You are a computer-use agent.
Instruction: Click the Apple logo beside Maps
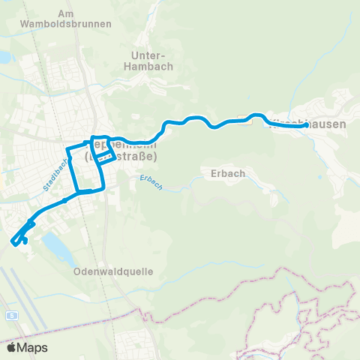click(11, 348)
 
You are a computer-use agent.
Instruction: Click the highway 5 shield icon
click(12, 316)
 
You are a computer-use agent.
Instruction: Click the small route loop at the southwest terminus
click(21, 239)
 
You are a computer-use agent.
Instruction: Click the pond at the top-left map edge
click(4, 57)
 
